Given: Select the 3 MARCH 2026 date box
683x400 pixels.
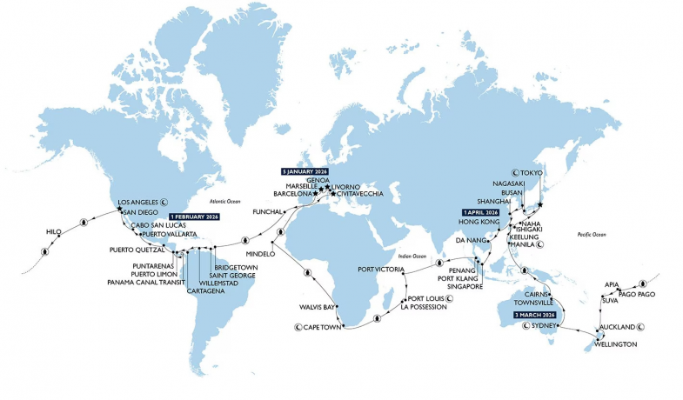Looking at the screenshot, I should [525, 312].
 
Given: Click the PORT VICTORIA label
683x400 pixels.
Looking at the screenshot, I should [384, 270].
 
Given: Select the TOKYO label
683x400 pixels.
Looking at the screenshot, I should [547, 173].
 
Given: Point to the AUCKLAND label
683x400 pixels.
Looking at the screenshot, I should [615, 328].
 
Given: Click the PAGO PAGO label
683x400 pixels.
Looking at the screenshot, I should [637, 294].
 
